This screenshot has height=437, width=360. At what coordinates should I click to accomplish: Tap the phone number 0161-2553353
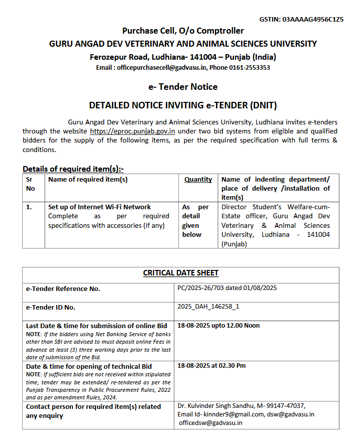point(250,67)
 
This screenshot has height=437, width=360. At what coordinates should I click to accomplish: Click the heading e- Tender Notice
point(183,87)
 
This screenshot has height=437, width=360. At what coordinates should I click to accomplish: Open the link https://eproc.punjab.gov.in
point(133,131)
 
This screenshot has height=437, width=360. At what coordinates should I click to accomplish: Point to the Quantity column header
point(198,179)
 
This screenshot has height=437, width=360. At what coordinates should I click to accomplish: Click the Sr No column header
point(31,184)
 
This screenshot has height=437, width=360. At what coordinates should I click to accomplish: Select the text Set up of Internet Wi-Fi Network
point(99,207)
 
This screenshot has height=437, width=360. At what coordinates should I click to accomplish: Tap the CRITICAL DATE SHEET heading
point(181,273)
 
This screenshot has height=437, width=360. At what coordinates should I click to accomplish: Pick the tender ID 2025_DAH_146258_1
point(208,307)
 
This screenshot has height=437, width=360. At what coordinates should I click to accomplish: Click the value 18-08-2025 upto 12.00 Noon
point(218,325)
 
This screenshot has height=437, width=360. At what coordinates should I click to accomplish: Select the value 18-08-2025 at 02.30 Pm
point(212,366)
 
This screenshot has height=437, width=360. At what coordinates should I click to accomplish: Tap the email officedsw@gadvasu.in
point(211,422)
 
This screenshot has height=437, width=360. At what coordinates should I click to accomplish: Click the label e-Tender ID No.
point(51,307)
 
